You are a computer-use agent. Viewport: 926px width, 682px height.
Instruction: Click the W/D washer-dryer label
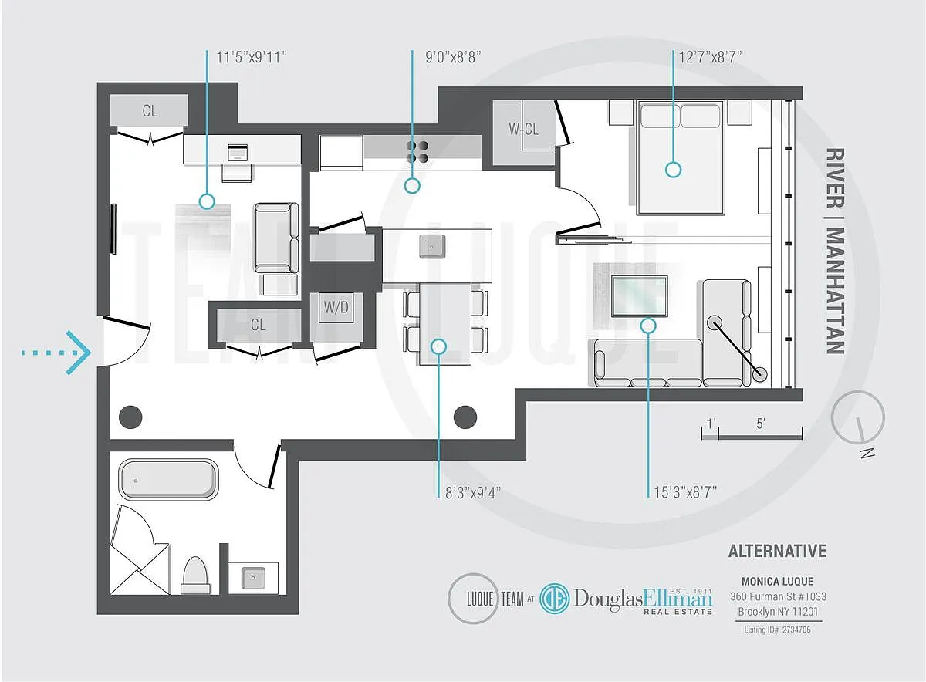pos(336,307)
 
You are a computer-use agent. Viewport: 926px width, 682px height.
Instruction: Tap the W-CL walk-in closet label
pos(523,130)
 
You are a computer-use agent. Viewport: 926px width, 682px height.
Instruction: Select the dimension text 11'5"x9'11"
pos(252,57)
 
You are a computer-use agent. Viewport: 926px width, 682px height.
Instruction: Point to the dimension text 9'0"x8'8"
pos(453,57)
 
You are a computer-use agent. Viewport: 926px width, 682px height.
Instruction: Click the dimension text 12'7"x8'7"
pos(710,57)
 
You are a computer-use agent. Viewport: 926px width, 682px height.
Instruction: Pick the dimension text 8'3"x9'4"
pos(473,493)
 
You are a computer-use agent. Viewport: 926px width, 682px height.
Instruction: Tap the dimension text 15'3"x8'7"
pos(685,492)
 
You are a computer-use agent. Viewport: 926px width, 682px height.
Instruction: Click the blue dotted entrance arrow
pos(56,353)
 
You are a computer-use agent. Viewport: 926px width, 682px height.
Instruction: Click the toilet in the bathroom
pos(196,575)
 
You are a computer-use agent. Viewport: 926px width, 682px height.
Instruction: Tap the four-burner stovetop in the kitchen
pos(417,152)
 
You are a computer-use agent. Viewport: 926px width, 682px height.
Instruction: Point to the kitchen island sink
pos(431,246)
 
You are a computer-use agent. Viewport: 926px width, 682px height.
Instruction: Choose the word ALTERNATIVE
pos(777,551)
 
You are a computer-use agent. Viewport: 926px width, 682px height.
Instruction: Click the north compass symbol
pos(858,417)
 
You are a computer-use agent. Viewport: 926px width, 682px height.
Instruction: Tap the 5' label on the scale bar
pos(761,424)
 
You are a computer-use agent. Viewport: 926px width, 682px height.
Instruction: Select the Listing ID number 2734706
pos(796,630)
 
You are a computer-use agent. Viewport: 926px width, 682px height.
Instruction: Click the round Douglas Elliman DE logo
pos(555,599)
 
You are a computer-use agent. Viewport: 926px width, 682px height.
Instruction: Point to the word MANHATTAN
pos(835,291)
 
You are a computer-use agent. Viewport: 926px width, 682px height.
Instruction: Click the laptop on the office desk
pos(238,152)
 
